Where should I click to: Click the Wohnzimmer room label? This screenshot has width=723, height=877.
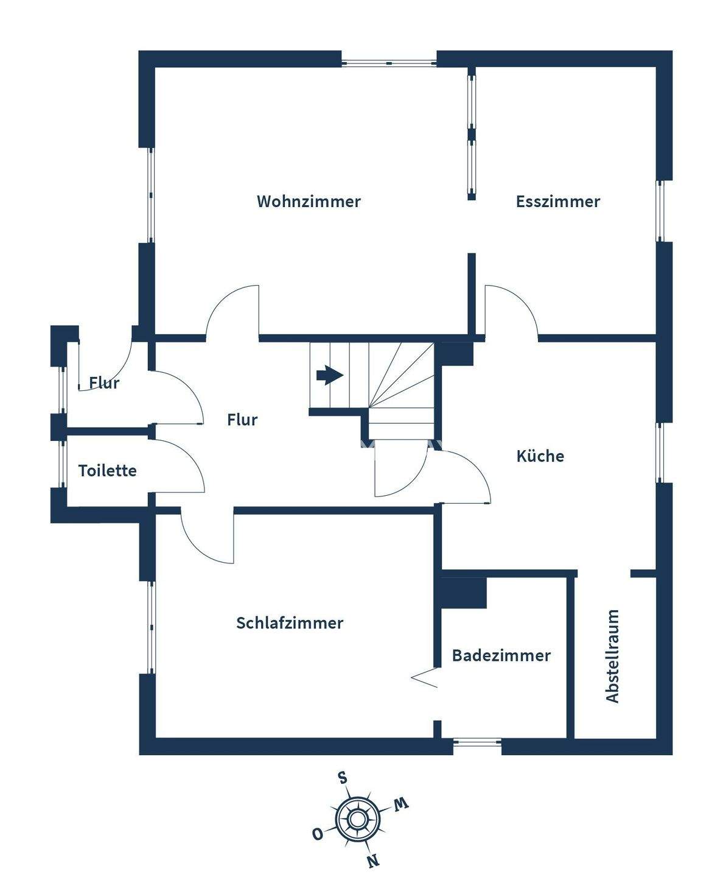[x=309, y=202]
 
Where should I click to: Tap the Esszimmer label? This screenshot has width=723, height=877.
[x=557, y=202]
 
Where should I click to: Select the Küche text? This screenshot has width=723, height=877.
[x=540, y=456]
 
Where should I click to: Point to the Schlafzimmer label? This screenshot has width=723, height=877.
[x=290, y=623]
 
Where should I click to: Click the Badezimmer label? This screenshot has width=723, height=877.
[x=501, y=655]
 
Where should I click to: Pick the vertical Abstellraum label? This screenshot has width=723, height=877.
[x=612, y=656]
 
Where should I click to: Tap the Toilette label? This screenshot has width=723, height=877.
[x=107, y=471]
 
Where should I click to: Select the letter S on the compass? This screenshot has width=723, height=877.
[x=343, y=778]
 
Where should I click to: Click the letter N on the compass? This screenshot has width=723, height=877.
[x=373, y=860]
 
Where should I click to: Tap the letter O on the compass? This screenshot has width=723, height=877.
[x=317, y=834]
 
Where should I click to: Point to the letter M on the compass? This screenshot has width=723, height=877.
[x=400, y=805]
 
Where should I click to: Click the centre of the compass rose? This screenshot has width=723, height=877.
[x=358, y=819]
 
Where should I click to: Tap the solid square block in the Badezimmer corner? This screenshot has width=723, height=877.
[x=464, y=593]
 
